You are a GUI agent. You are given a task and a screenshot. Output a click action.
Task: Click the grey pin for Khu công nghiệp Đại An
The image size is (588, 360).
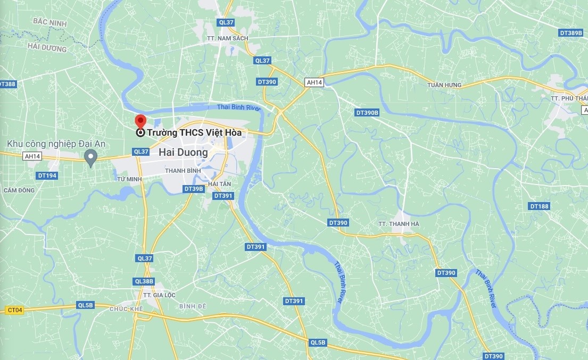click(x=91, y=157)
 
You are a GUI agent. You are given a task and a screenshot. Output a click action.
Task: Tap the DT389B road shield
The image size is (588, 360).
click(x=571, y=33)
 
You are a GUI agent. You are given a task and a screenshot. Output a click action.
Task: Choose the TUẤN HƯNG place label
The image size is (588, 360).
click(x=444, y=85)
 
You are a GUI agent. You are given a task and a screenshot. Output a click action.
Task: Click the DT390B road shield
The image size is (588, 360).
click(x=367, y=113)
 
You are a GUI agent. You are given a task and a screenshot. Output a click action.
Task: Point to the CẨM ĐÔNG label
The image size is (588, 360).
click(x=19, y=190)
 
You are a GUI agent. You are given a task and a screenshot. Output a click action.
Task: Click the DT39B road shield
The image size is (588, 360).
click(x=194, y=189)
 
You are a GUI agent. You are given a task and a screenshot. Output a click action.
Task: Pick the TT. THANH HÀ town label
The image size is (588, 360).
click(x=399, y=224)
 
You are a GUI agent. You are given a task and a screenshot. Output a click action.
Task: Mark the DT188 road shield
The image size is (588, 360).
click(x=539, y=206)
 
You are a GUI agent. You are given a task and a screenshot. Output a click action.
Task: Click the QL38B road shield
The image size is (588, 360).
click(x=144, y=281)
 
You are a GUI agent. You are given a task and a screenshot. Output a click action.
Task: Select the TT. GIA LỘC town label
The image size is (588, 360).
click(x=159, y=295)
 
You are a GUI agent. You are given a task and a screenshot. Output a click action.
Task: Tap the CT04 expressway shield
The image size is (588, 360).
click(x=15, y=309)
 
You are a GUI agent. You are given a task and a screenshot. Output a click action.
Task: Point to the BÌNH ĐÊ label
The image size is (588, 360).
click(x=193, y=306)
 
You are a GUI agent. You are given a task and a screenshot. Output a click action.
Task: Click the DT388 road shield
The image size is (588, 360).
click(x=7, y=84)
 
